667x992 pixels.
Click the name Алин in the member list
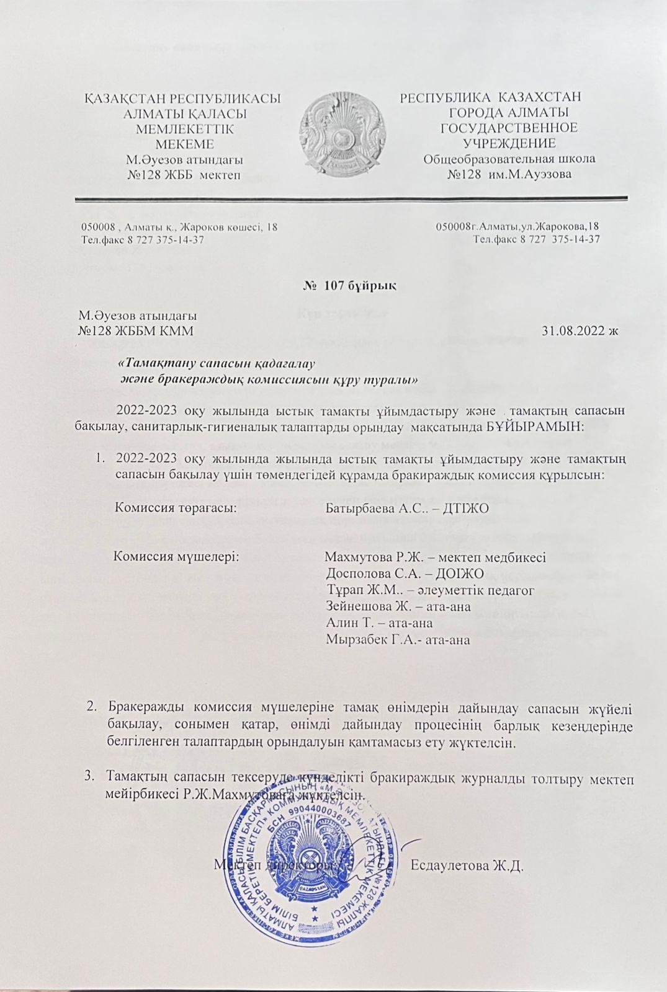coord(340,622)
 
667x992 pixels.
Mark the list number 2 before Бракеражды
coord(92,707)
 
